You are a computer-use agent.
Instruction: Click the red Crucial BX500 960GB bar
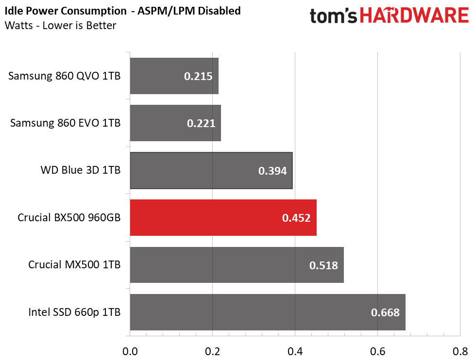[x=223, y=217]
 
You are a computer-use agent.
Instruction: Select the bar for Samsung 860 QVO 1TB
[x=174, y=76]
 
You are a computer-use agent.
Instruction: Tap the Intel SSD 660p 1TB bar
[x=268, y=312]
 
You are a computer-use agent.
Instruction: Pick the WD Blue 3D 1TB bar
[x=211, y=171]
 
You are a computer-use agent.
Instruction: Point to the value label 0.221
[x=201, y=123]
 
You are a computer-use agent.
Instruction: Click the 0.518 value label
[x=323, y=265]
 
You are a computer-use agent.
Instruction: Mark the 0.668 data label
[x=385, y=312]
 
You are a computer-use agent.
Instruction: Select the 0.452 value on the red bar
[x=296, y=218]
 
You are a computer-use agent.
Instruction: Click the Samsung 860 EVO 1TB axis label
[x=66, y=123]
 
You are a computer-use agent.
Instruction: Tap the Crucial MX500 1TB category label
[x=74, y=265]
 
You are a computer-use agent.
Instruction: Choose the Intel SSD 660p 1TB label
[x=74, y=312]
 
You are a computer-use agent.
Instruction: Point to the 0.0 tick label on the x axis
[x=130, y=352]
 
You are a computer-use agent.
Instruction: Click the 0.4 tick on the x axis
[x=295, y=352]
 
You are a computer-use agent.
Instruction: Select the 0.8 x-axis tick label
[x=460, y=352]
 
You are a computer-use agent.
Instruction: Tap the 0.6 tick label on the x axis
[x=378, y=352]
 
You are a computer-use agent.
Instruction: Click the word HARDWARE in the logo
[x=414, y=15]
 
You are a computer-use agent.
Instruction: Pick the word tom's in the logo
[x=334, y=16]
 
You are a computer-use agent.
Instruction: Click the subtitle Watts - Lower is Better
[x=61, y=25]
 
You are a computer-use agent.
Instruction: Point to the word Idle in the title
[x=14, y=11]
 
